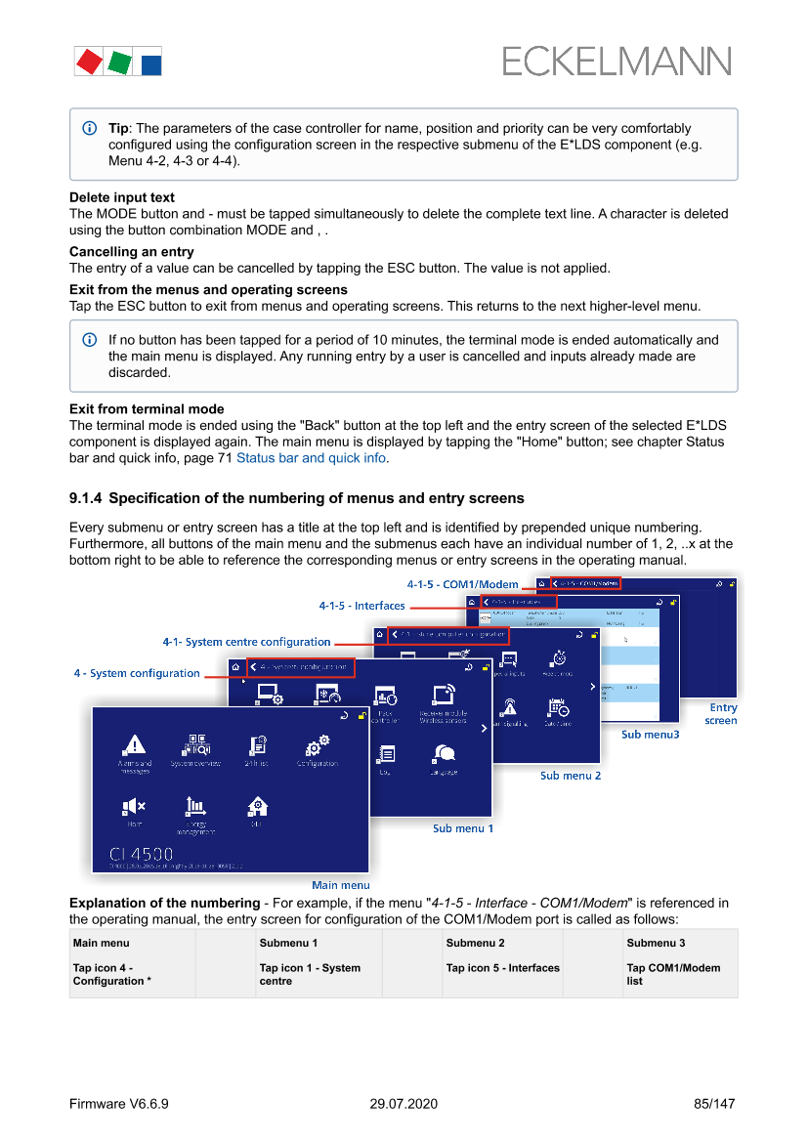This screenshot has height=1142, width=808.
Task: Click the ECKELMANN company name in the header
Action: [x=617, y=62]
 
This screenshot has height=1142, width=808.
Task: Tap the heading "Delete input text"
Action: [x=122, y=197]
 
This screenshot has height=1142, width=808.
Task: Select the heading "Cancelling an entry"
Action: [x=132, y=252]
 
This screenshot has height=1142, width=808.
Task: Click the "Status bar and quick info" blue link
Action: [x=312, y=457]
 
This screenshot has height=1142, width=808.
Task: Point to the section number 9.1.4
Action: [x=85, y=498]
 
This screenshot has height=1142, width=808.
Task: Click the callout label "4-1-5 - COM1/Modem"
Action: [x=463, y=584]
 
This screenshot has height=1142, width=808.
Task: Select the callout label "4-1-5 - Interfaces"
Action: [x=361, y=606]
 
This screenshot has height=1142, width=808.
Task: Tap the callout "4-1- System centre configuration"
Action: [x=246, y=642]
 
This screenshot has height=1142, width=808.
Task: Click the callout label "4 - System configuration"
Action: [x=137, y=673]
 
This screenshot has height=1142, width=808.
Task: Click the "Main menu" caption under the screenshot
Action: [x=340, y=885]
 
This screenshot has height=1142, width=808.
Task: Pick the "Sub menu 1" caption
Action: [x=463, y=828]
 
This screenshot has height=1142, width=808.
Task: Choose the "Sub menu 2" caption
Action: [x=571, y=776]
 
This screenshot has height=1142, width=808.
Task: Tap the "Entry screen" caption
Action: [x=723, y=714]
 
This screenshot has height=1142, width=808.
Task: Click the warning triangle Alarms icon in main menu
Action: [x=134, y=745]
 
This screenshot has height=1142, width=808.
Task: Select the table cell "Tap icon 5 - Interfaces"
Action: [x=502, y=968]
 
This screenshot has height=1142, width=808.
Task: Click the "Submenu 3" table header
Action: [x=656, y=943]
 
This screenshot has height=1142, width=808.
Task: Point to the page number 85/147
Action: [x=714, y=1104]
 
